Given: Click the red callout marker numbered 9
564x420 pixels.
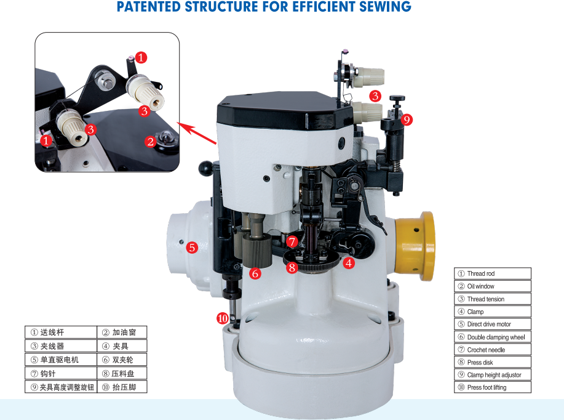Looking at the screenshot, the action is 407,119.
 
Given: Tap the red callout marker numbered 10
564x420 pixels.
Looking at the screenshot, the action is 223,318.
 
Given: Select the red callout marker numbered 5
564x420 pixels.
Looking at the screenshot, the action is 192,248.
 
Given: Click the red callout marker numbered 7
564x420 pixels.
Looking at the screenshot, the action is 292,241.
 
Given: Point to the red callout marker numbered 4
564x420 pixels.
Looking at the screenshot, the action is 349,264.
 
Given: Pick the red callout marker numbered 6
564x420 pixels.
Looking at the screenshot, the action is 255,273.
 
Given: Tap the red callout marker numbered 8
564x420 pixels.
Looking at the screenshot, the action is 292,267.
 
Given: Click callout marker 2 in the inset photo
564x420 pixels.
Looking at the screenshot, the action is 150,142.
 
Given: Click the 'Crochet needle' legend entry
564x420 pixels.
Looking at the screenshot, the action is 493,350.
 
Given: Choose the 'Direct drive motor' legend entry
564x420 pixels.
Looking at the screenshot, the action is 493,324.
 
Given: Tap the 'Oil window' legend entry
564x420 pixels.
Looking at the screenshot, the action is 493,286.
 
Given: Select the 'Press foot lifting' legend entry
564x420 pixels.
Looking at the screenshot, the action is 493,387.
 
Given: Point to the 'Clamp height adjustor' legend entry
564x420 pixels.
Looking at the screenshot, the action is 493,375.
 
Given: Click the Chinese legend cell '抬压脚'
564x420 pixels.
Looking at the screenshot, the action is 122,387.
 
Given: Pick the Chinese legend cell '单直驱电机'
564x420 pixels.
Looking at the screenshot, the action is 61,360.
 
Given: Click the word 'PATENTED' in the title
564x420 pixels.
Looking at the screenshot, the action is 149,7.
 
